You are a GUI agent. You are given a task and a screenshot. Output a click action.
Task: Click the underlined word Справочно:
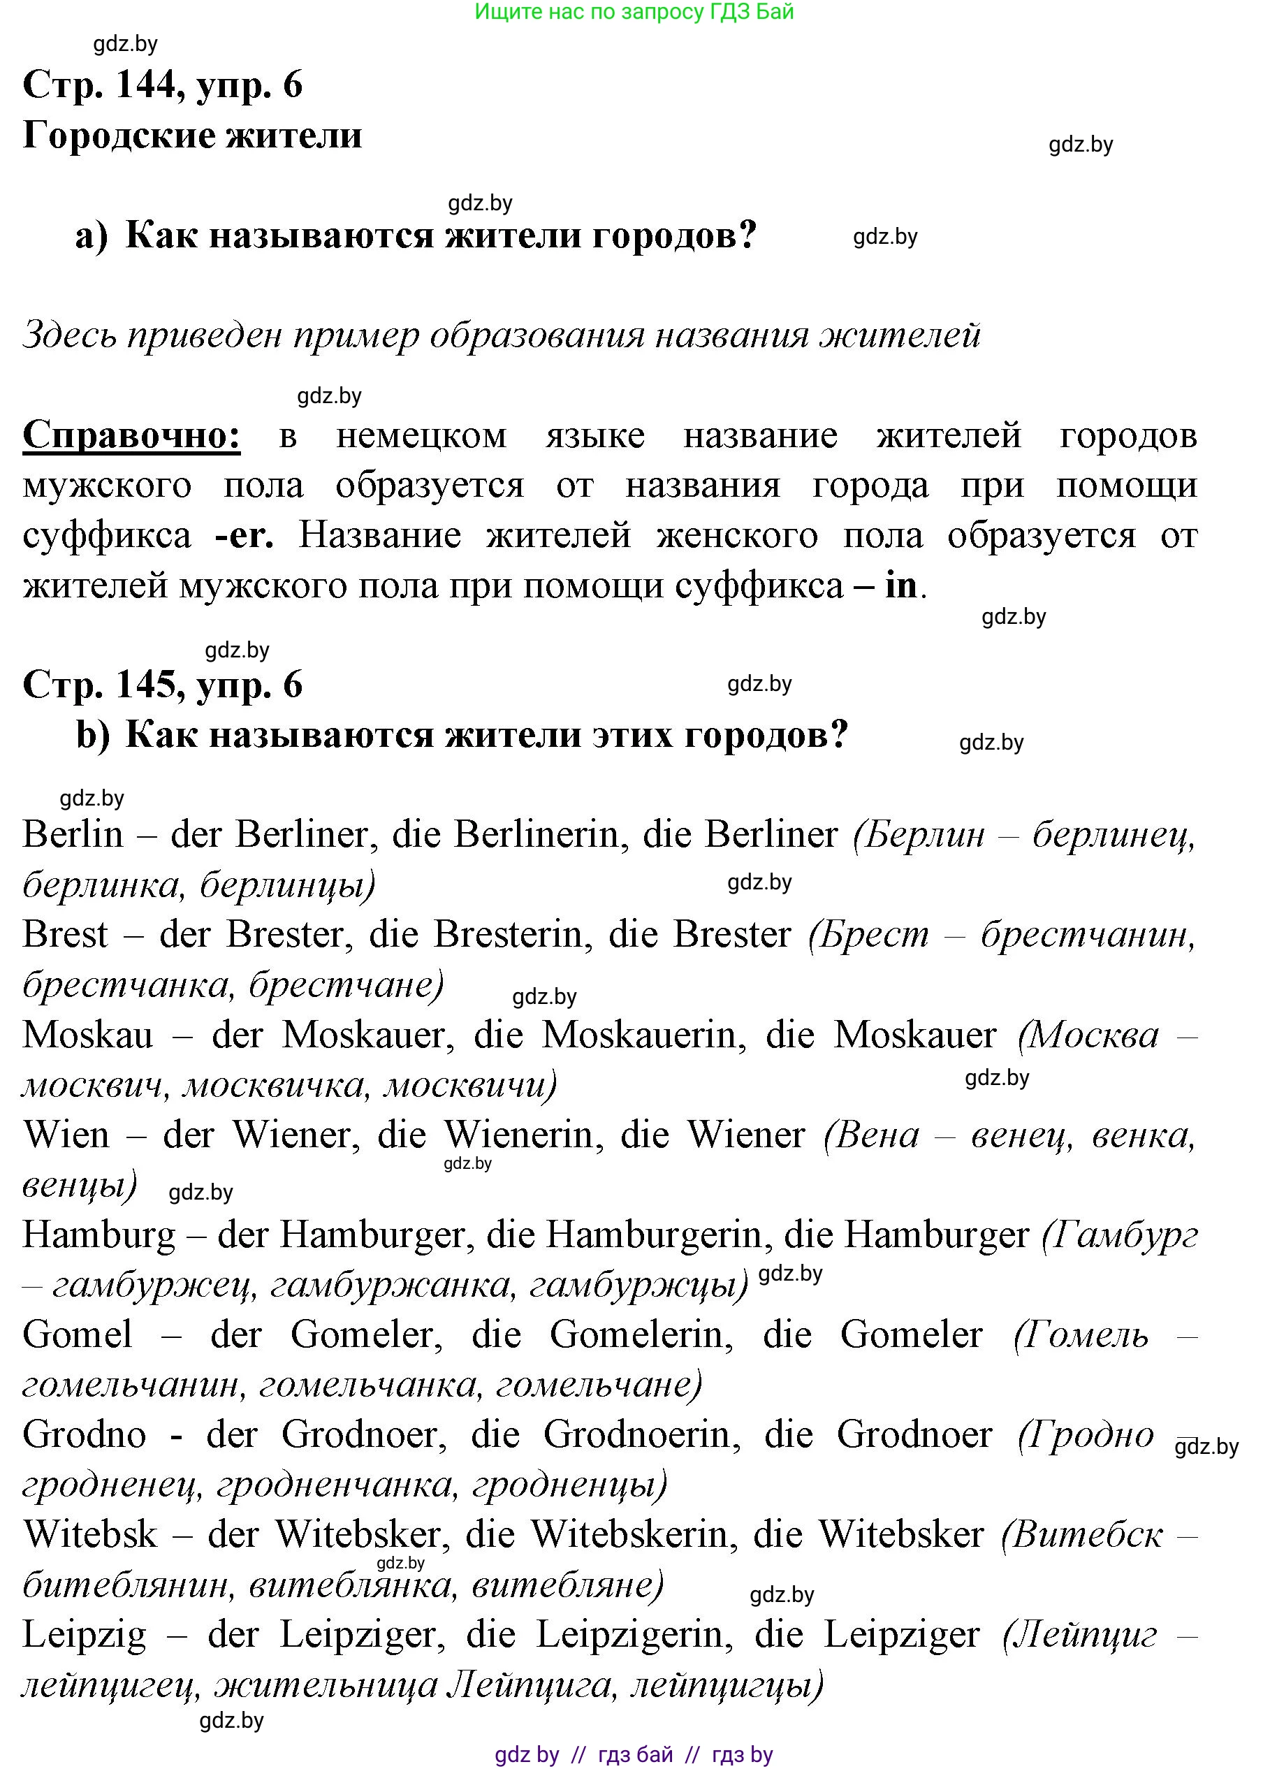pyautogui.click(x=131, y=436)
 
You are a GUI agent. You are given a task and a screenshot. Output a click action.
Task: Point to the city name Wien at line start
pyautogui.click(x=66, y=1135)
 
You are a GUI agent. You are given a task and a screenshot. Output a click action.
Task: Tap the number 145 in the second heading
pyautogui.click(x=146, y=685)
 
